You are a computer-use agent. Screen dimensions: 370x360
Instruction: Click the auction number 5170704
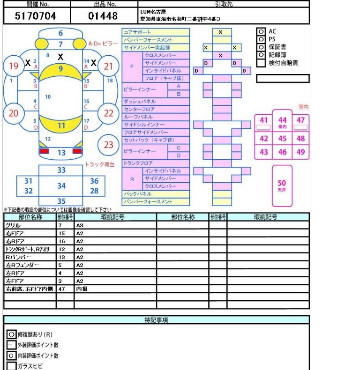pyautogui.click(x=36, y=16)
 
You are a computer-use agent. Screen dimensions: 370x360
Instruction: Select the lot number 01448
pyautogui.click(x=103, y=16)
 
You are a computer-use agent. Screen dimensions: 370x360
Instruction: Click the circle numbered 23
pyautogui.click(x=108, y=145)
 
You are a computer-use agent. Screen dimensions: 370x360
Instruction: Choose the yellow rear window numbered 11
pyautogui.click(x=61, y=125)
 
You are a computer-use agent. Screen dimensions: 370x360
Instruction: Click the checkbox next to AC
pyautogui.click(x=260, y=31)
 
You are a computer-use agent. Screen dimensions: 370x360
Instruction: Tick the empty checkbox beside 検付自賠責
pyautogui.click(x=261, y=63)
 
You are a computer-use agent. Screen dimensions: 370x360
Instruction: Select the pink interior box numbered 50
pyautogui.click(x=282, y=185)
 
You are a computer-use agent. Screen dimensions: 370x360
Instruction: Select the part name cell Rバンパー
pyautogui.click(x=19, y=257)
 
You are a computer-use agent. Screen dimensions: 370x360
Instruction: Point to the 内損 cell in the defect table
pyautogui.click(x=82, y=289)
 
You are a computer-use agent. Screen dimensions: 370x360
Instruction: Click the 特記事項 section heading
pyautogui.click(x=156, y=320)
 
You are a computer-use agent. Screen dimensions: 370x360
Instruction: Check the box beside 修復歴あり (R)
pyautogui.click(x=12, y=334)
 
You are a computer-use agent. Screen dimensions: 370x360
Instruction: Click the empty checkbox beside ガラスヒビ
pyautogui.click(x=12, y=366)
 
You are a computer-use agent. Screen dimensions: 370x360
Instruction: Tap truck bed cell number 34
pyautogui.click(x=61, y=185)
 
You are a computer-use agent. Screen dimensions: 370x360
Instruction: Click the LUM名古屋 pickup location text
pyautogui.click(x=153, y=11)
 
